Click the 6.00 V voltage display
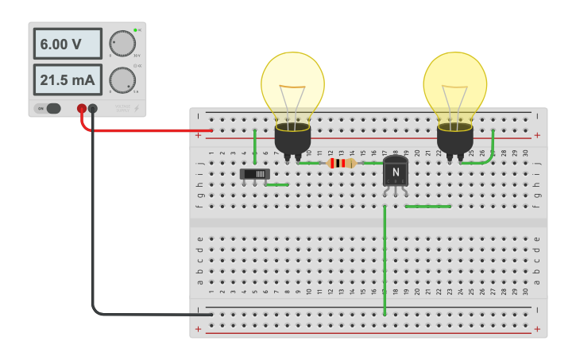(67, 44)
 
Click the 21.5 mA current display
(67, 79)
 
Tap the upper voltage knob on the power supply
(122, 43)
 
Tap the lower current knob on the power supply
(122, 79)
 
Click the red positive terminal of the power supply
(82, 108)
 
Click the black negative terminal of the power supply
(93, 108)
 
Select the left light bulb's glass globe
(292, 84)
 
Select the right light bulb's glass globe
(454, 84)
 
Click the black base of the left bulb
(292, 141)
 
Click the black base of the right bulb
(454, 141)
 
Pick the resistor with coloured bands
(342, 163)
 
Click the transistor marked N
(395, 171)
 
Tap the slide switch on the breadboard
(255, 172)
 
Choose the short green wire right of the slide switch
(277, 184)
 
